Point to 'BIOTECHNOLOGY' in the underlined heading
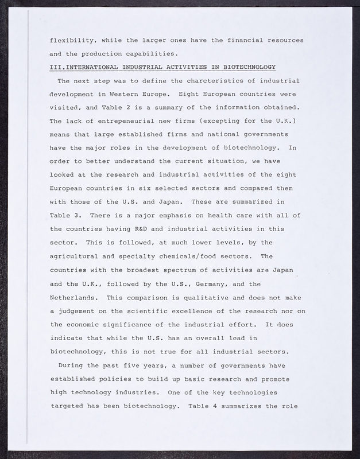(247, 67)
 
